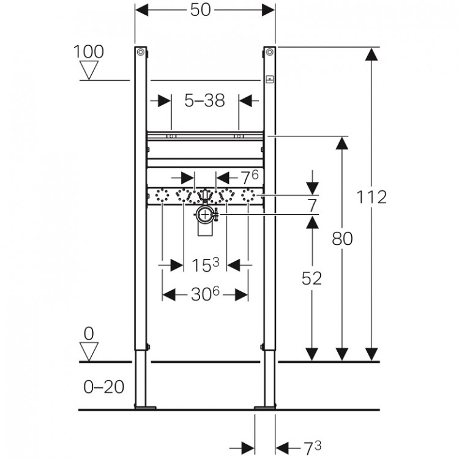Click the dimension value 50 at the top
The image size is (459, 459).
[x=205, y=11]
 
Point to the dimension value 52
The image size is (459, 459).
[x=312, y=278]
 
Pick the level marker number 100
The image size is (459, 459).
[x=89, y=51]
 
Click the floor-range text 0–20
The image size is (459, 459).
[x=103, y=387]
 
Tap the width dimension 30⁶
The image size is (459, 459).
[x=205, y=294]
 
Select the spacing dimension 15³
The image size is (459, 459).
[x=205, y=265]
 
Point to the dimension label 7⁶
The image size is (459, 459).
[x=249, y=177]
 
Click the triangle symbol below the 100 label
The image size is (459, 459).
[x=90, y=71]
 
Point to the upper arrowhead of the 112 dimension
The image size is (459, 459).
[x=370, y=54]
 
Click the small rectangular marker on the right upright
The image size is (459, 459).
[x=269, y=78]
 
